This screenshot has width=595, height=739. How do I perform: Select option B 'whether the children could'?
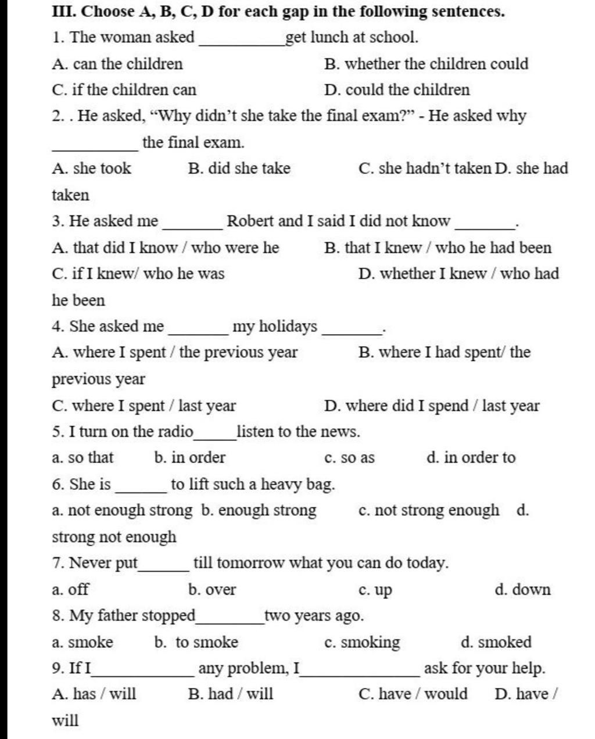(x=426, y=64)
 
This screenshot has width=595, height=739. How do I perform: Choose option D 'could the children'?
(x=397, y=90)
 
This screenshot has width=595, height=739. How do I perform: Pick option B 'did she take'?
(x=239, y=168)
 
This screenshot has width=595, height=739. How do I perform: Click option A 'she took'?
(x=91, y=168)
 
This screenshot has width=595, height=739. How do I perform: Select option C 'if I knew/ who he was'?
(x=138, y=274)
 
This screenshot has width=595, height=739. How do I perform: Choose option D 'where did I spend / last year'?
(x=432, y=406)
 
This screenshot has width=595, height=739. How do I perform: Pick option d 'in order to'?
(x=471, y=458)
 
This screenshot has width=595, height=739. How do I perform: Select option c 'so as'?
(x=349, y=458)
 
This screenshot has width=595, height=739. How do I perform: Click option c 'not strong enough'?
(x=429, y=510)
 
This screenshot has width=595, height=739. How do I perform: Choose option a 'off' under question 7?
(x=70, y=590)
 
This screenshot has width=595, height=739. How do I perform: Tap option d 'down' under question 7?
(x=522, y=590)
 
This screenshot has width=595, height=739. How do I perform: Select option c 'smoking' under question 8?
(x=362, y=642)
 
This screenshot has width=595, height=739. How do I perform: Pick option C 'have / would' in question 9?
(x=413, y=694)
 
